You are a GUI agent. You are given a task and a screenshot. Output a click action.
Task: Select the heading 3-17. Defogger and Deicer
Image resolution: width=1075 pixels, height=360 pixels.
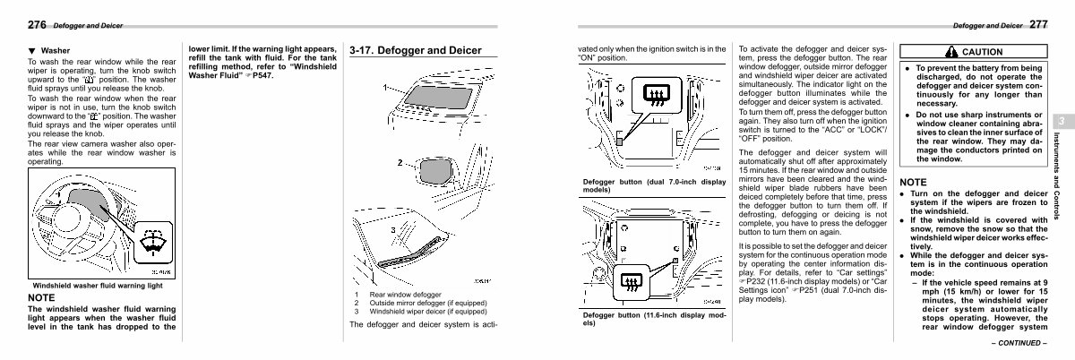tap(416, 50)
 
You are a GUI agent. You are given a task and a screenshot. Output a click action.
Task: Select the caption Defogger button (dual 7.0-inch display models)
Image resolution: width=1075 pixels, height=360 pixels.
tap(654, 185)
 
